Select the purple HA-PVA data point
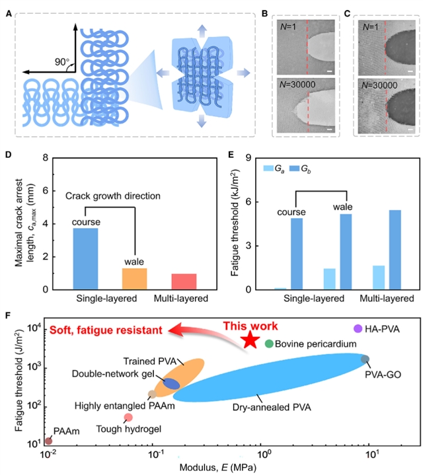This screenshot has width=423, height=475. (x=358, y=328)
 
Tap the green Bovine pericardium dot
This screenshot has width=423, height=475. (x=269, y=344)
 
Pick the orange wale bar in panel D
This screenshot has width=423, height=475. (x=134, y=278)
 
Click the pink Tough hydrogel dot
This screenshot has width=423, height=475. (x=129, y=417)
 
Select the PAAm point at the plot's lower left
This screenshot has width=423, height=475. (x=48, y=441)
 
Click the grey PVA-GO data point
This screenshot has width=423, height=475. (x=365, y=359)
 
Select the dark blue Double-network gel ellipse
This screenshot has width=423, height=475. (x=171, y=383)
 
